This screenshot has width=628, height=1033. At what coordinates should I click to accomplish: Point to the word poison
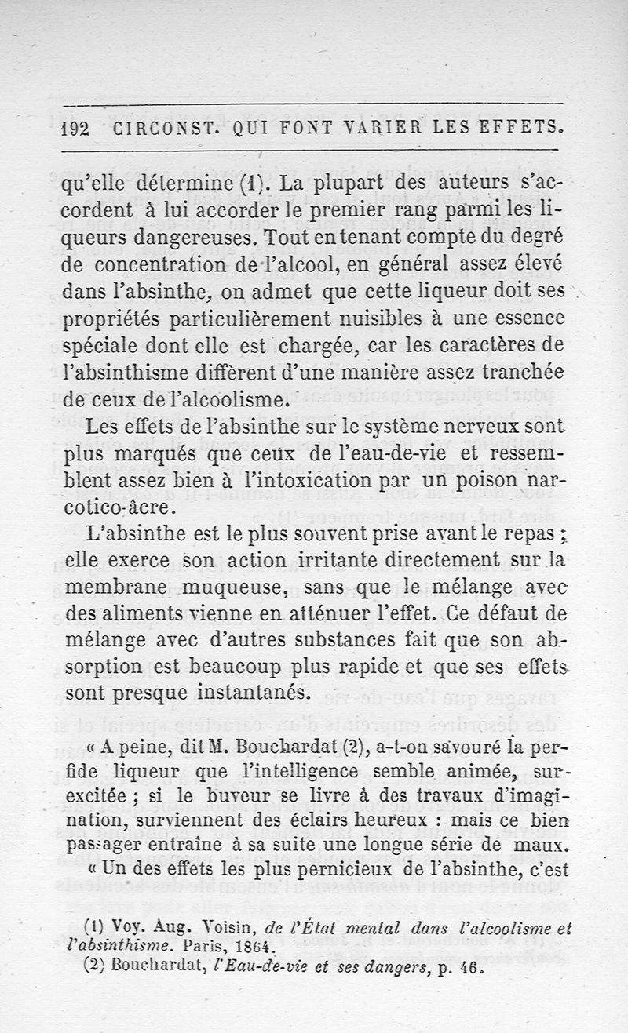(473, 480)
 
